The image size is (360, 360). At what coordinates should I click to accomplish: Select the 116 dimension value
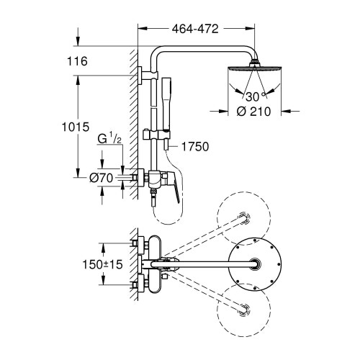point(76,62)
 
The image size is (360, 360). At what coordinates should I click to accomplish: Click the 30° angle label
point(253,95)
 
